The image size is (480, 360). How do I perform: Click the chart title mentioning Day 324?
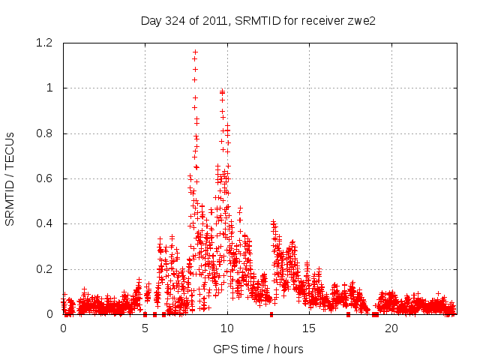[x=258, y=20]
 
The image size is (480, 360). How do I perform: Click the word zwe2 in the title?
[x=361, y=20]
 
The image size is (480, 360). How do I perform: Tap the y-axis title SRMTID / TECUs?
[x=10, y=178]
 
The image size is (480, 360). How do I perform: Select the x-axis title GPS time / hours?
[x=258, y=349]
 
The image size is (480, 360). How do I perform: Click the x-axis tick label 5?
[x=145, y=328]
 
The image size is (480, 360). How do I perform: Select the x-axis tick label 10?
[x=227, y=328]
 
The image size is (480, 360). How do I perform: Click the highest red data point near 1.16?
[x=196, y=52]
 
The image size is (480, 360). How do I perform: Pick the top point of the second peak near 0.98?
[x=222, y=91]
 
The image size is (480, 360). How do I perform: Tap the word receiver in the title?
[x=322, y=20]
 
